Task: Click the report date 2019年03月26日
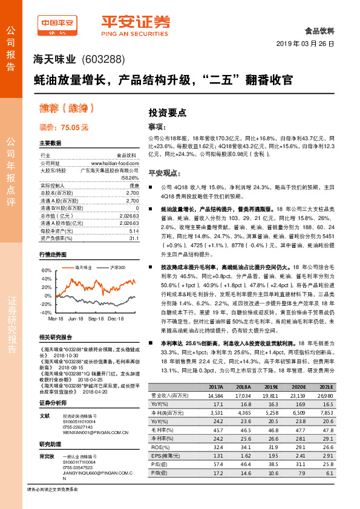[309, 45]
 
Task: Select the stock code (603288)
[102, 59]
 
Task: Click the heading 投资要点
[168, 112]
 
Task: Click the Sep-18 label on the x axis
[96, 317]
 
